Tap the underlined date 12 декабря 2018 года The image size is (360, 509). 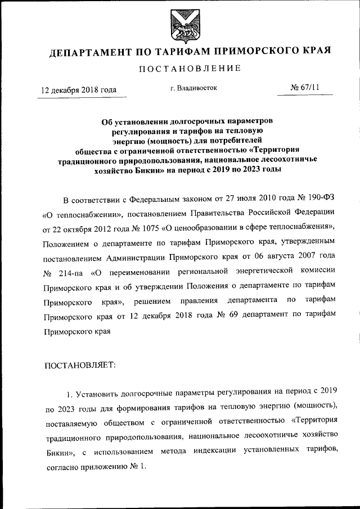pyautogui.click(x=79, y=90)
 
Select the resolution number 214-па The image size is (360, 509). pyautogui.click(x=70, y=273)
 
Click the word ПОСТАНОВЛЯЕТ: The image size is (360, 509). pyautogui.click(x=79, y=365)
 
